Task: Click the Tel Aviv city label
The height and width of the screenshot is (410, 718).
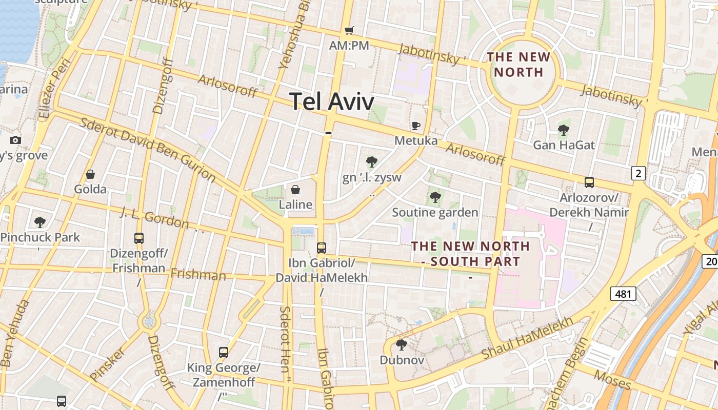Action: [332, 101]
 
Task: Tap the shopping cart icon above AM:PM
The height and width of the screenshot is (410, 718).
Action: [349, 31]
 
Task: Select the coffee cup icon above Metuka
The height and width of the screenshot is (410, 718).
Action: [415, 126]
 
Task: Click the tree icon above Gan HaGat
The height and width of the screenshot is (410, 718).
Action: [564, 130]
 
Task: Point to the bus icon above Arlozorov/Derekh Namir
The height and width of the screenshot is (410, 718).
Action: [589, 182]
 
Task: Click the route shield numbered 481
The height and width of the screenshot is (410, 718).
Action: [623, 294]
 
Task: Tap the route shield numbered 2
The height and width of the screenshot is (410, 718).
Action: [638, 173]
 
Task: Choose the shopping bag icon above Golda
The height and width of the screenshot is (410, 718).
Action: [90, 174]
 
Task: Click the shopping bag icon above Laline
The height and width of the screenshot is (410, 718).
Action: [295, 190]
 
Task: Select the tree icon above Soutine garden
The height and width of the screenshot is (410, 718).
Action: [435, 197]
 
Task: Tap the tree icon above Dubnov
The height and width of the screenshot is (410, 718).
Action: [402, 344]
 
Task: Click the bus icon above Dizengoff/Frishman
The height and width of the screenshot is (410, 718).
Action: [138, 238]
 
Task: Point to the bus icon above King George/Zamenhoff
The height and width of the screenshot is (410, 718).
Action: [224, 352]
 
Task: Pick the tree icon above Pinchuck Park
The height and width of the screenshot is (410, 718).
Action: [40, 222]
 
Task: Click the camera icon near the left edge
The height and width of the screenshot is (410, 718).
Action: [15, 140]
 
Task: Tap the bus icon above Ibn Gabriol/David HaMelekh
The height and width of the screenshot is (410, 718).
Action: [322, 248]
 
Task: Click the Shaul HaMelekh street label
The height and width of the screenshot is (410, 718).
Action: [527, 338]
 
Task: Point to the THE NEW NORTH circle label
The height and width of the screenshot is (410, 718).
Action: [518, 64]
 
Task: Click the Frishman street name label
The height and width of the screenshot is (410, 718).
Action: [198, 275]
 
